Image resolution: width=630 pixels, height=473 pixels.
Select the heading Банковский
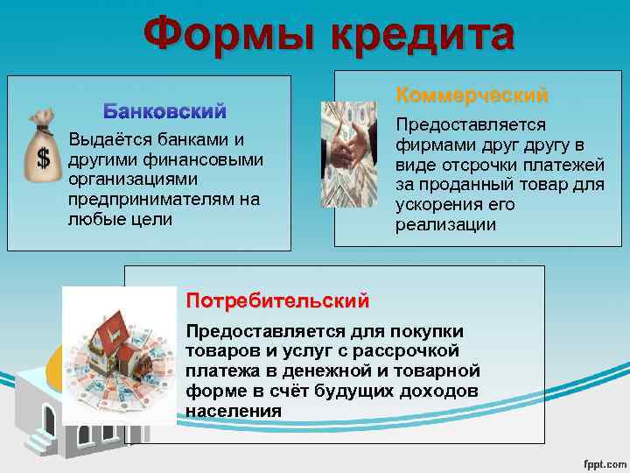pyautogui.click(x=165, y=111)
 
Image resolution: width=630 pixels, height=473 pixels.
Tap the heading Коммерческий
pyautogui.click(x=472, y=94)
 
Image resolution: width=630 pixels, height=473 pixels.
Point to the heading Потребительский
pyautogui.click(x=276, y=301)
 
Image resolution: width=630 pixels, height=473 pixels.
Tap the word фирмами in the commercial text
pyautogui.click(x=430, y=145)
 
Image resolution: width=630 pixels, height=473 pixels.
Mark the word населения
pyautogui.click(x=233, y=411)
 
